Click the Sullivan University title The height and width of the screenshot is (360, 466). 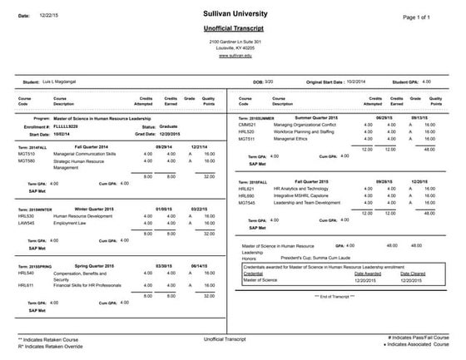pyautogui.click(x=235, y=14)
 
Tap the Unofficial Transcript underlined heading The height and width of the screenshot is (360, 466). pyautogui.click(x=235, y=28)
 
